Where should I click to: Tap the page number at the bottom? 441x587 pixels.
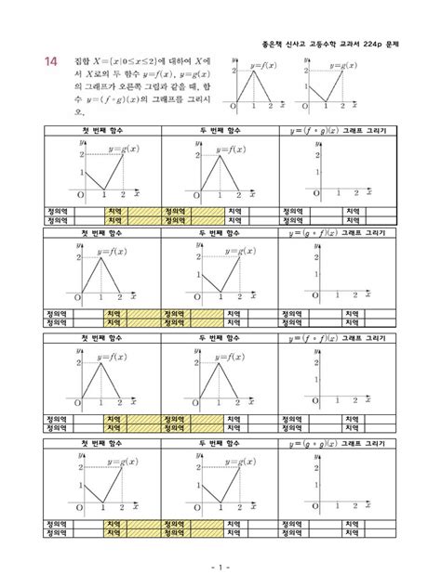tap(220, 566)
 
